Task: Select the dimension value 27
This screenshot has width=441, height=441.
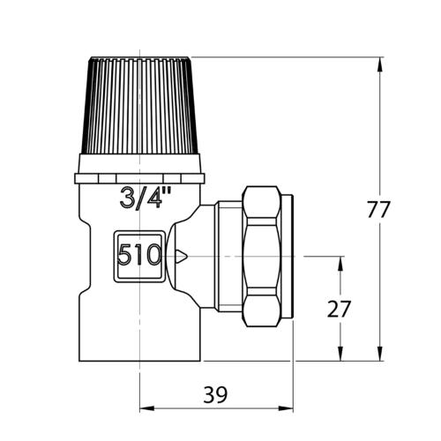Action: [339, 310]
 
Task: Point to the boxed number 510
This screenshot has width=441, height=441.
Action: [139, 257]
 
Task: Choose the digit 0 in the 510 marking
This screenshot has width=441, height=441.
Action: [151, 257]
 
